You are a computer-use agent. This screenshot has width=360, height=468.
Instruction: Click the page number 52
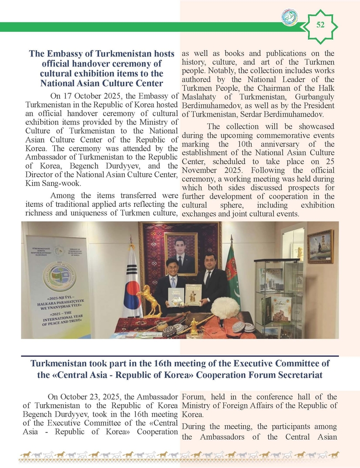(x=320, y=25)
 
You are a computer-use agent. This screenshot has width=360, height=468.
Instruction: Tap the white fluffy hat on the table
(x=225, y=309)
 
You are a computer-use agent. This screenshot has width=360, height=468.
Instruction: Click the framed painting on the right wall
(x=320, y=247)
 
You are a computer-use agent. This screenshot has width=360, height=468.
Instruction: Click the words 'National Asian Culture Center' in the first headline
(x=101, y=83)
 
